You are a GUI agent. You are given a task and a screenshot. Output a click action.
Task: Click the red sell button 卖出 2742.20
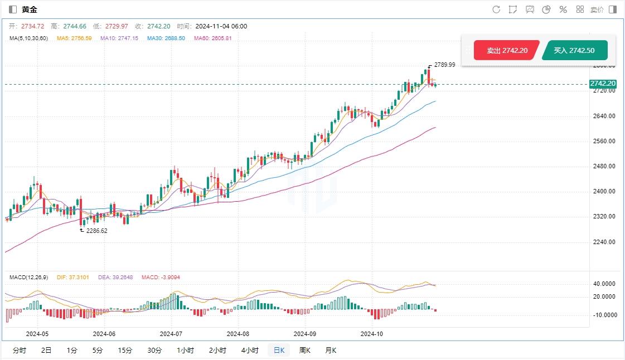(506, 50)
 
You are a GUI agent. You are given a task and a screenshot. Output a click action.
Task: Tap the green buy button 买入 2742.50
(574, 50)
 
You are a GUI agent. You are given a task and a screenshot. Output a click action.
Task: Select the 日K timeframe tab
(278, 351)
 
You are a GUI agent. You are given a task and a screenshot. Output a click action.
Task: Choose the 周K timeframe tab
(305, 351)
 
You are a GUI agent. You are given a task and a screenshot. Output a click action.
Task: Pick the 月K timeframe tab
(331, 351)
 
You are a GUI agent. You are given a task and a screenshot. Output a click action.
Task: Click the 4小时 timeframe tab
(250, 351)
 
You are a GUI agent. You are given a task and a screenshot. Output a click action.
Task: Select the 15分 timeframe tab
(125, 351)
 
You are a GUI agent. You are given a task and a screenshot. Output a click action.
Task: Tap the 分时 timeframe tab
(19, 351)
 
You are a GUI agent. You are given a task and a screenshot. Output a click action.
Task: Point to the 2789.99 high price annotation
(444, 65)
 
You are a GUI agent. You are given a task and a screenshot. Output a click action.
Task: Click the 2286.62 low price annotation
(96, 230)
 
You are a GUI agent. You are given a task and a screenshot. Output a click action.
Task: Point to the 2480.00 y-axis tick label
(604, 166)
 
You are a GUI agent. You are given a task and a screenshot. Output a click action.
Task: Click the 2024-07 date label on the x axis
(171, 334)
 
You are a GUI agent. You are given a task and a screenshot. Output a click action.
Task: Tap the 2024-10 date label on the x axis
(372, 334)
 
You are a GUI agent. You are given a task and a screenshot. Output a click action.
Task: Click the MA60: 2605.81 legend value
(212, 38)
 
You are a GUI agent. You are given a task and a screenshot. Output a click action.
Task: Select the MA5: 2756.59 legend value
(74, 38)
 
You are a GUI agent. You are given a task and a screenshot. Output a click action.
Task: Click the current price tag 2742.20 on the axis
(603, 84)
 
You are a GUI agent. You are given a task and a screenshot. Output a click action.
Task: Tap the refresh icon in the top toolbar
(496, 9)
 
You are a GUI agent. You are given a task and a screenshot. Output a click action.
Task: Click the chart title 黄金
(30, 9)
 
